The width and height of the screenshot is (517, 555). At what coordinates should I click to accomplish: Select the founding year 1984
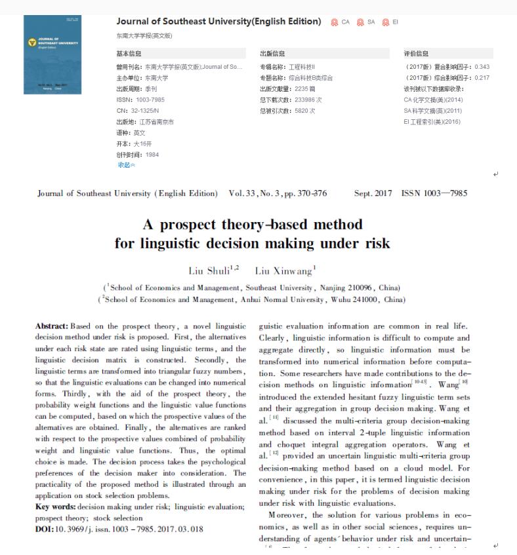[152, 155]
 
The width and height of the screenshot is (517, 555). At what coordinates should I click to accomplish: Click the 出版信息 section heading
[272, 54]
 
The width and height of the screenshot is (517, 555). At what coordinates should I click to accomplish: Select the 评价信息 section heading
[416, 54]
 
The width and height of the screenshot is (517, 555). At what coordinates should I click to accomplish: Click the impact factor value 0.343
[482, 67]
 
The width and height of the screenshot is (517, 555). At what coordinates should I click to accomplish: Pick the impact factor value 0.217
[482, 78]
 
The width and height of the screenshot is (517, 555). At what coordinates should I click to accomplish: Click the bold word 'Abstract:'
[51, 326]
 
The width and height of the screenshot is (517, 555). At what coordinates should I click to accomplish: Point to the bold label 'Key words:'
[55, 507]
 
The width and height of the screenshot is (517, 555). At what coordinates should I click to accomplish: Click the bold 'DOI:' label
[45, 529]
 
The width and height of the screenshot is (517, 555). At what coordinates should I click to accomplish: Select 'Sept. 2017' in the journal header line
[373, 193]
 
